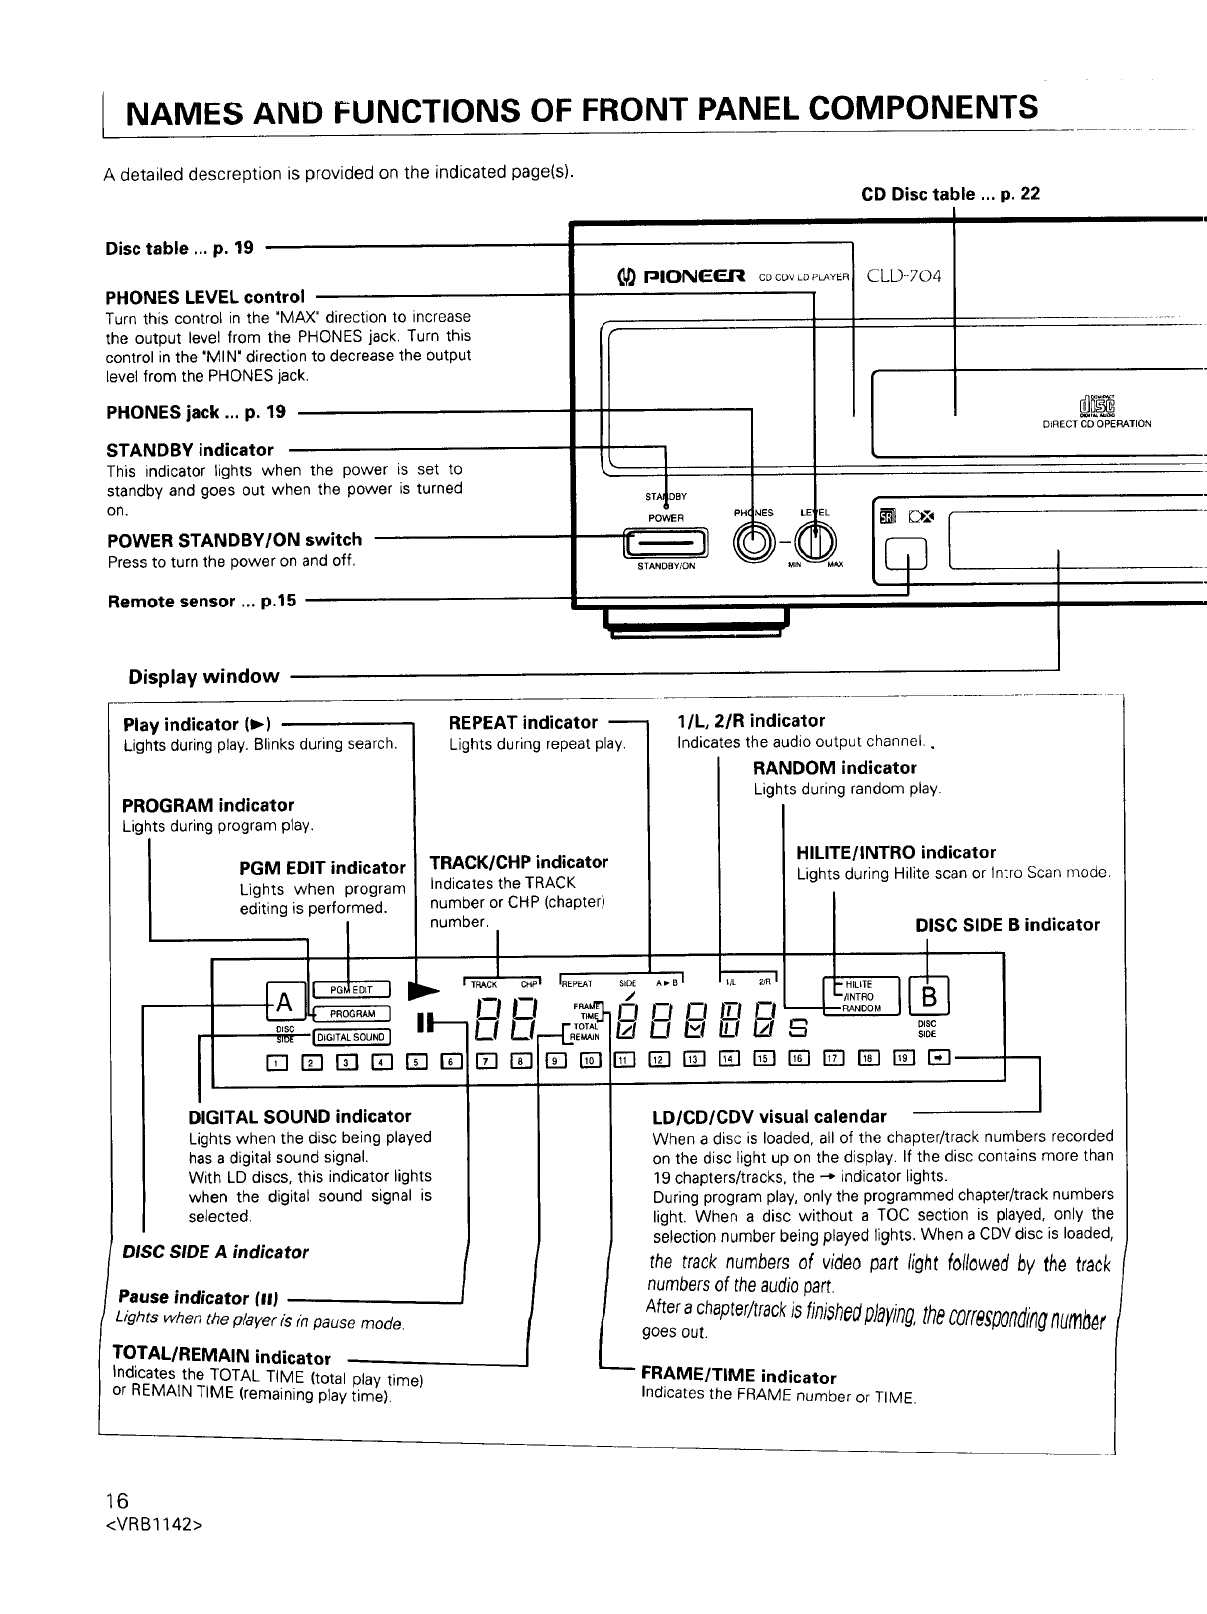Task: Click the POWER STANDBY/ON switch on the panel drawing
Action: (665, 542)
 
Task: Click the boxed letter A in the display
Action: (283, 1002)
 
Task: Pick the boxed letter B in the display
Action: (929, 998)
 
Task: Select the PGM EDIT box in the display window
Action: (351, 990)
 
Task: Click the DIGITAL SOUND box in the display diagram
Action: (351, 1036)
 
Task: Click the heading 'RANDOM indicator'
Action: (834, 768)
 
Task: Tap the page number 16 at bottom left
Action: (118, 1501)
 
